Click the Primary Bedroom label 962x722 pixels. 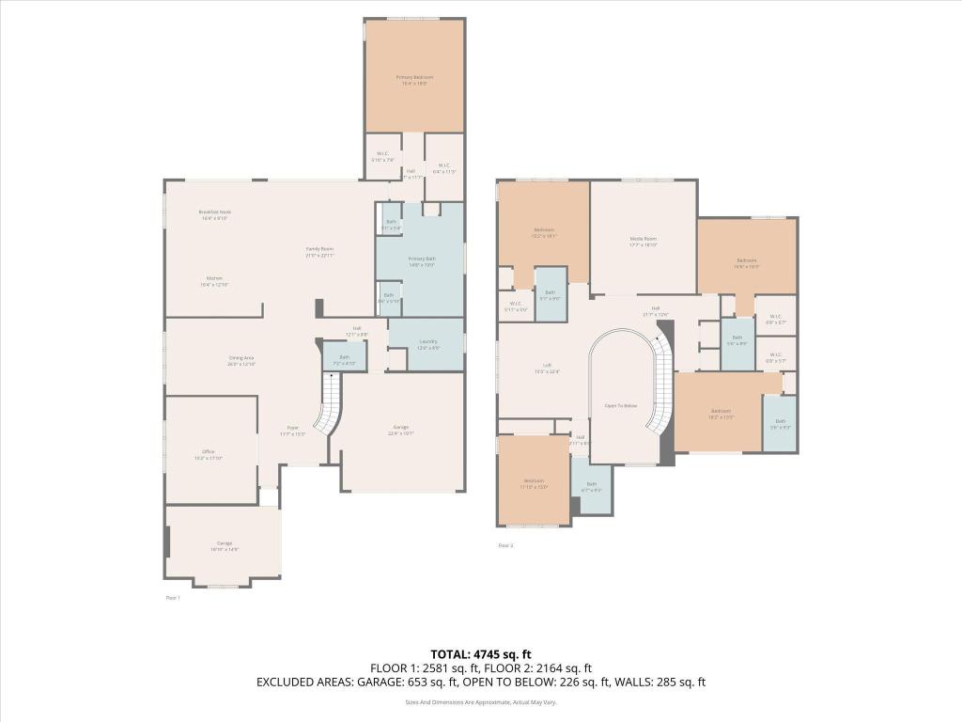[x=413, y=77]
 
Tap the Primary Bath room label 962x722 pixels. [x=422, y=259]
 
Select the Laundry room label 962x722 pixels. [x=427, y=342]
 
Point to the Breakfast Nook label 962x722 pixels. [x=214, y=212]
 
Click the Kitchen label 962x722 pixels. [x=214, y=278]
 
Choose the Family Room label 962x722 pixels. [x=319, y=250]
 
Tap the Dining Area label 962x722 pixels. [x=241, y=358]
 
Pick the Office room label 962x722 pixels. [x=209, y=452]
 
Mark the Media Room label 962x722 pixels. [x=643, y=240]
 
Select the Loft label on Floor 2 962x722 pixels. [x=546, y=367]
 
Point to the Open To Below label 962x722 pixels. [x=621, y=405]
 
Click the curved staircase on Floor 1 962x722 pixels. [x=330, y=405]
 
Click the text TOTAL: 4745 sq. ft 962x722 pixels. [x=481, y=654]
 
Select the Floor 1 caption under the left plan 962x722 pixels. [x=173, y=597]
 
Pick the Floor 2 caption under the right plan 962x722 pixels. [x=505, y=545]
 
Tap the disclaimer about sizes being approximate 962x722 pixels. [x=481, y=702]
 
